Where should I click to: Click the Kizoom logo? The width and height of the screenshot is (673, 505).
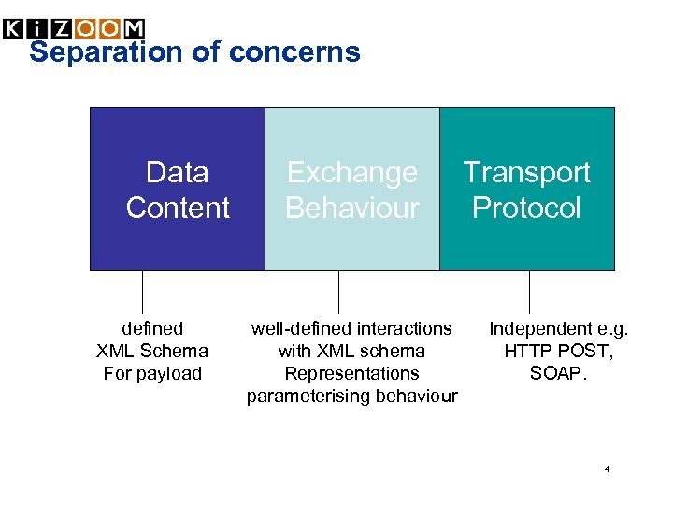pos(74,29)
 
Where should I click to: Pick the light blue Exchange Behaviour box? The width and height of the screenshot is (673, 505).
pos(352,243)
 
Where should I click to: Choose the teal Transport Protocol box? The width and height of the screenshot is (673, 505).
pos(527,243)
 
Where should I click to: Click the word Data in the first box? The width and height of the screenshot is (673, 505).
pos(178,173)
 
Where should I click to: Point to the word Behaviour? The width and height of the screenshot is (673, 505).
pos(352,208)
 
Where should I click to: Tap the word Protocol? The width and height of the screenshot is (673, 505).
pos(527,208)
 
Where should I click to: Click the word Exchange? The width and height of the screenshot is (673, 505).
pos(352,173)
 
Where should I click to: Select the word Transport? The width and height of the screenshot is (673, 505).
pos(527,173)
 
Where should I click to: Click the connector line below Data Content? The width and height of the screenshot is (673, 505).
pos(143,292)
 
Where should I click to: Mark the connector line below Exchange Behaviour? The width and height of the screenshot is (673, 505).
pos(338,292)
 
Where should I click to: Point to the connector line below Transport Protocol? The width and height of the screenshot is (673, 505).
pos(529,292)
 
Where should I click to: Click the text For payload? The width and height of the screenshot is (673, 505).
pos(152,374)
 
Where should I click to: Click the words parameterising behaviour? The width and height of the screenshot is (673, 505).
pos(352,397)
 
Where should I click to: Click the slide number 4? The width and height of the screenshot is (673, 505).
pos(607,469)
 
